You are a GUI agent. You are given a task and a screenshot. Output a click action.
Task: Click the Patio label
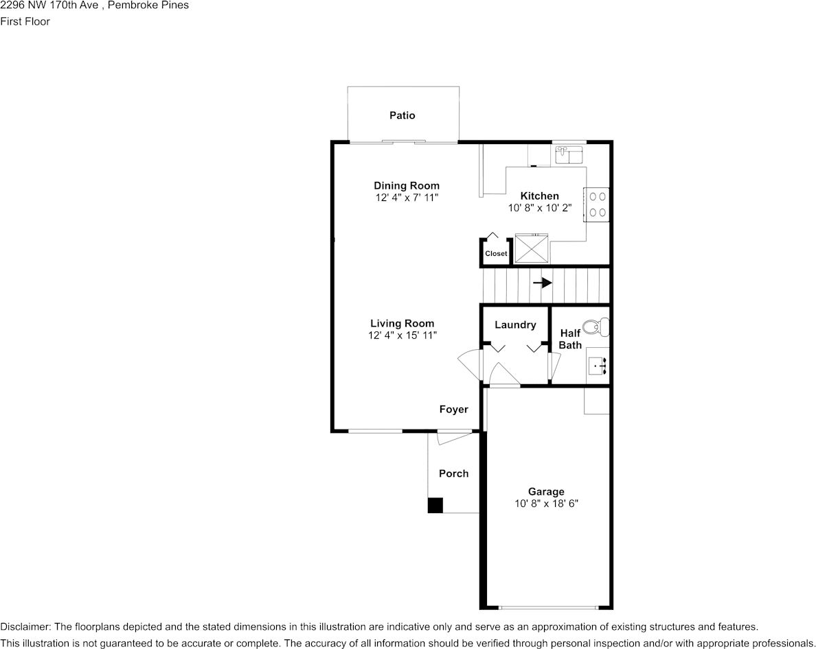(402, 115)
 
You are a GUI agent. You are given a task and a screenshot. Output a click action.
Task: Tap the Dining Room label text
(406, 185)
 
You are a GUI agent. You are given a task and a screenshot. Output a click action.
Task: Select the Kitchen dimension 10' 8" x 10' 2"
(539, 208)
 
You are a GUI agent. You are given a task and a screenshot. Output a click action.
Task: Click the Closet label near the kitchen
(496, 253)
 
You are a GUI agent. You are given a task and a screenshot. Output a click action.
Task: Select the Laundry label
(514, 324)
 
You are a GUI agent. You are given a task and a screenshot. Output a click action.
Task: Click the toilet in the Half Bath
(596, 327)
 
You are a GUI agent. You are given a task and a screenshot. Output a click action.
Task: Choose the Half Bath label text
(570, 339)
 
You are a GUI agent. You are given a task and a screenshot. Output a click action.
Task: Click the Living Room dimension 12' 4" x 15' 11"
(402, 335)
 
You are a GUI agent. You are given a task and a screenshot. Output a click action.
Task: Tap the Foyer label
(453, 410)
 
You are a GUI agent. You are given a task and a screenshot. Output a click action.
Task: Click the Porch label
(453, 473)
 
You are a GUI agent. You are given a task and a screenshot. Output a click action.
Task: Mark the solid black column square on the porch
(435, 506)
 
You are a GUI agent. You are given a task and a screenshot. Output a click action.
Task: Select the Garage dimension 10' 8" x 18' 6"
(546, 503)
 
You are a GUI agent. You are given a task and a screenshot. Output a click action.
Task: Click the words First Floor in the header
(25, 21)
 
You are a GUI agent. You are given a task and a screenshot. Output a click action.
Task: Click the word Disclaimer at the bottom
(25, 626)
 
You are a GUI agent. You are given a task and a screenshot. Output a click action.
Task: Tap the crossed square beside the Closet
(532, 248)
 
